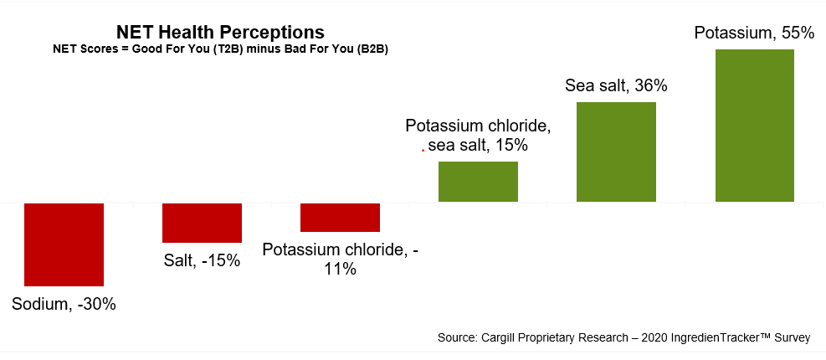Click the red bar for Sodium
pos(64,244)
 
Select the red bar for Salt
pos(202,223)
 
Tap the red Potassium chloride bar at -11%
pos(340,217)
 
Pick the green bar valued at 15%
pos(478,182)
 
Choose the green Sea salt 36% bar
pos(616,152)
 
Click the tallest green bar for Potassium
pos(755,126)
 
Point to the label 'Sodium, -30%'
pos(64,304)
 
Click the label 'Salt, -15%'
pos(202,260)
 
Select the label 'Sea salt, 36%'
pos(616,85)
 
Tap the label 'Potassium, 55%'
pos(754,33)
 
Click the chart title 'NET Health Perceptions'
pos(220,33)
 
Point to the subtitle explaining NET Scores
pos(220,49)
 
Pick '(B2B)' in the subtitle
pos(373,49)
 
